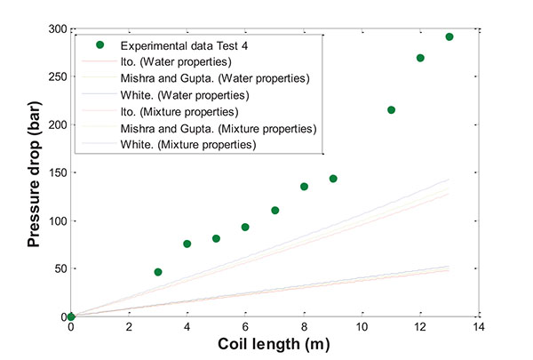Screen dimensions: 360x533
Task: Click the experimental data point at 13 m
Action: coord(449,37)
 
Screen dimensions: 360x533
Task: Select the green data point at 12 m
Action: coord(420,58)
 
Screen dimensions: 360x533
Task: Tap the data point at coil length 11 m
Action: coord(392,110)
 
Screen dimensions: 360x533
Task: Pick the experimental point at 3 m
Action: coord(158,272)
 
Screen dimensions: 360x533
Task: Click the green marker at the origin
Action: coord(71,316)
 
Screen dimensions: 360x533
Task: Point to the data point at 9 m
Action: coord(333,179)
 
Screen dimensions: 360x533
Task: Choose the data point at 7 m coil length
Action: coord(275,211)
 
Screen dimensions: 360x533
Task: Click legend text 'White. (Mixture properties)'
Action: coord(188,144)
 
